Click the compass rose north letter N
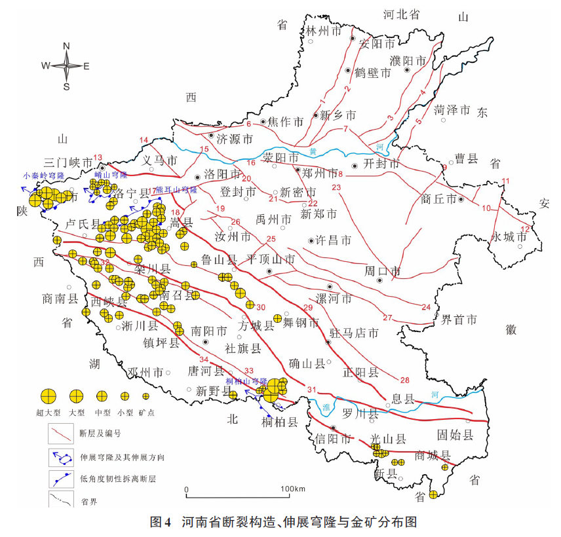[x=66, y=45]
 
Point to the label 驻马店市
[x=354, y=333]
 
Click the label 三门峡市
[x=68, y=162]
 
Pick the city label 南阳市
[x=209, y=331]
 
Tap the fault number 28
[x=404, y=380]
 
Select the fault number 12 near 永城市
[x=524, y=229]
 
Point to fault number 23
[x=337, y=188]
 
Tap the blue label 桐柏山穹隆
[x=246, y=380]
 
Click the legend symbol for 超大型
[x=48, y=396]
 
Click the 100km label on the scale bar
[x=293, y=489]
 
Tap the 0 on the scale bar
[x=187, y=489]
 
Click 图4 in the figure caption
[x=161, y=522]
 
